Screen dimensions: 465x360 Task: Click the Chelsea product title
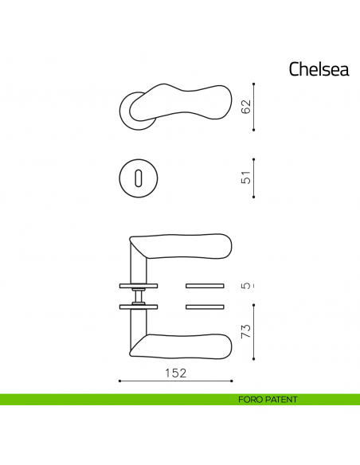[319, 69]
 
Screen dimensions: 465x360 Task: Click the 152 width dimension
[175, 373]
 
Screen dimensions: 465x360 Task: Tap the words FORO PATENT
[267, 399]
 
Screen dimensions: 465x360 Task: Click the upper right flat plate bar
[205, 285]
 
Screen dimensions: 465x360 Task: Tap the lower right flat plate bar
[205, 307]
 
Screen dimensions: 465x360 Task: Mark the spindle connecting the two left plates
[139, 296]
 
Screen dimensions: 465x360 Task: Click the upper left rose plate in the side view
[139, 285]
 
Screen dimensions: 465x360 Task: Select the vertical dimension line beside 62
[254, 106]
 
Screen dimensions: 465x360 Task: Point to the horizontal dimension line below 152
[175, 381]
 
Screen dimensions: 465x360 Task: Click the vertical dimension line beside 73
[254, 330]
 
